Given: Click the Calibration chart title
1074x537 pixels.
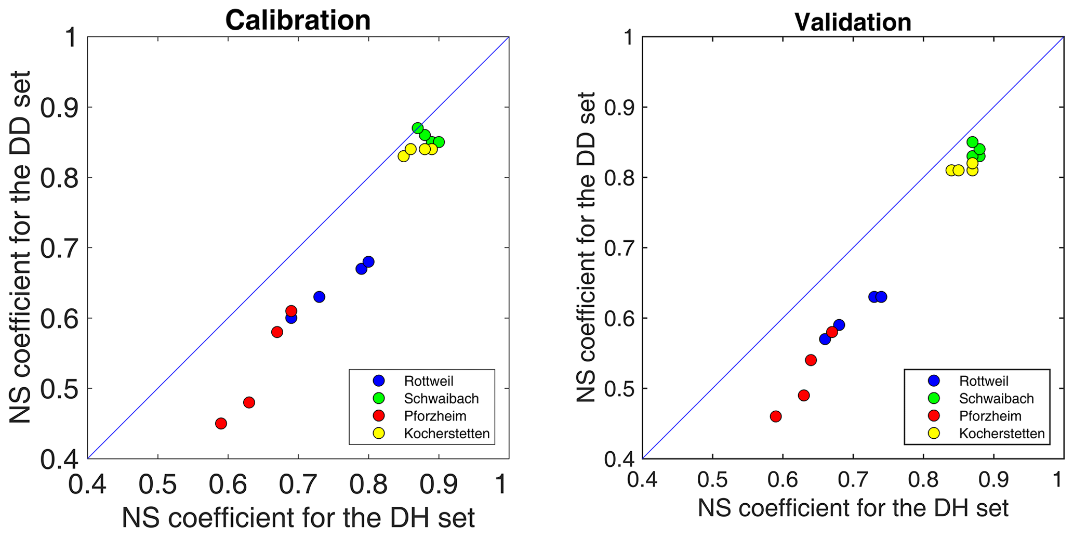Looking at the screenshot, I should (x=298, y=21).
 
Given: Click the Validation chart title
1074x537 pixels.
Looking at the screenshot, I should (x=853, y=22).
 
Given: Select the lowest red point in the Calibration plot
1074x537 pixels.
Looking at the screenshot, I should (x=221, y=423).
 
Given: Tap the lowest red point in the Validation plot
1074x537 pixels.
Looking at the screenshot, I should (x=776, y=416).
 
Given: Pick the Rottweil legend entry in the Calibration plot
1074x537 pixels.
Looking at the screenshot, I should (x=429, y=381).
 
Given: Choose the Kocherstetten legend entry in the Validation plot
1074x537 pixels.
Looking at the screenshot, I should (x=1001, y=434).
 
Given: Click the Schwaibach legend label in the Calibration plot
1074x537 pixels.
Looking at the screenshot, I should (x=441, y=399).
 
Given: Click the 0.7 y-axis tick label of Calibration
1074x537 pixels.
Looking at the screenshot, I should (x=57, y=248).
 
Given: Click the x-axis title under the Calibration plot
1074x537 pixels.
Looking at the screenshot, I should (x=298, y=518).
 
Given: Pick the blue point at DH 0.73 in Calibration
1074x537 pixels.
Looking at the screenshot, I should (x=319, y=297).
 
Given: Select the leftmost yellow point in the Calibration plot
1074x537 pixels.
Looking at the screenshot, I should (x=404, y=156).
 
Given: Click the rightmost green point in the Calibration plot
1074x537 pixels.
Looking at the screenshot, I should (x=439, y=142).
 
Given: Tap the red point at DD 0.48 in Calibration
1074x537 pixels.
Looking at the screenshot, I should (x=249, y=402).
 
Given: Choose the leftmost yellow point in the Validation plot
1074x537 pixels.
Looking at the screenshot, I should (x=951, y=170).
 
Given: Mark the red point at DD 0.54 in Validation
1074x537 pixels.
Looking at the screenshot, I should (x=811, y=360).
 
